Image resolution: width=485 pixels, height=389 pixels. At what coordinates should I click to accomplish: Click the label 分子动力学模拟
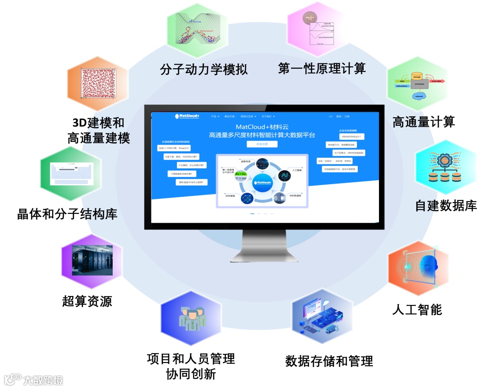coord(204,70)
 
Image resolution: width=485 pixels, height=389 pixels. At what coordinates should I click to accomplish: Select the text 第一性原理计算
coord(322,68)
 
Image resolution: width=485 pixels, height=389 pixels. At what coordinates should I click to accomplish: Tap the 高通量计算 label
coord(423,121)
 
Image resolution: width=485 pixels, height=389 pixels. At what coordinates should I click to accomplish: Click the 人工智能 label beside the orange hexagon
coord(417,309)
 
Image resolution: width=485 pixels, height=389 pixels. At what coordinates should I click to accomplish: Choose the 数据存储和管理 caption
coord(329,361)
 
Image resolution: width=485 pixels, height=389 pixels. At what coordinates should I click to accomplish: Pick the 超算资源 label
coord(87,301)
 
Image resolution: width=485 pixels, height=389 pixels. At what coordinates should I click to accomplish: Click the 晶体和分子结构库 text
coord(67,213)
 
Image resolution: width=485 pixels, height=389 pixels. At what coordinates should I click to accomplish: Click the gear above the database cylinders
coord(444,159)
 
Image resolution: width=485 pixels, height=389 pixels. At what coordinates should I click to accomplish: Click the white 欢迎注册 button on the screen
coord(262,144)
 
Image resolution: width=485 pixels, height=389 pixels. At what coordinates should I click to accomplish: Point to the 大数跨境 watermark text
coord(43,380)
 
